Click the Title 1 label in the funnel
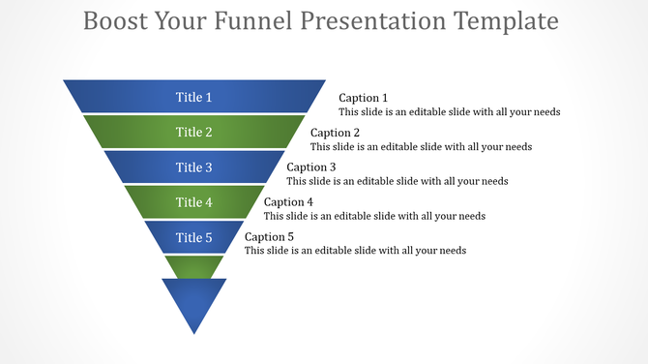tap(193, 97)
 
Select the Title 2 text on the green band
tap(193, 133)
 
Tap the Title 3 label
tap(193, 167)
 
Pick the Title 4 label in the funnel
tap(193, 202)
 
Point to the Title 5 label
tap(193, 237)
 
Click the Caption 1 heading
tap(363, 98)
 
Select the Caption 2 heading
tap(335, 133)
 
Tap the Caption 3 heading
tap(311, 167)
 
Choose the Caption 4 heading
tap(288, 202)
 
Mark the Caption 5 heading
tap(269, 237)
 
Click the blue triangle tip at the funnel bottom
tap(194, 302)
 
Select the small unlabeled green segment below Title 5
tap(194, 265)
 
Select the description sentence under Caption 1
tap(449, 112)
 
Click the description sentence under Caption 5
tap(355, 251)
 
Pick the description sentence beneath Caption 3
tap(398, 181)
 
